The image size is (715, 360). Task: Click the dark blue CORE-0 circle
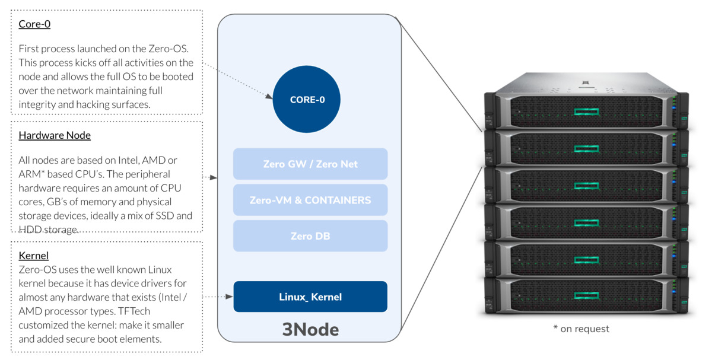pyautogui.click(x=307, y=100)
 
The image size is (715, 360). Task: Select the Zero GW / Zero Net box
pyautogui.click(x=310, y=164)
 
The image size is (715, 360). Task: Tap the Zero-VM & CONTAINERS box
pyautogui.click(x=310, y=200)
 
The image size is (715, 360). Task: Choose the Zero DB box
pyautogui.click(x=310, y=236)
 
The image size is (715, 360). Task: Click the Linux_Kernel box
pyautogui.click(x=310, y=297)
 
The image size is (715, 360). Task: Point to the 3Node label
pyautogui.click(x=310, y=329)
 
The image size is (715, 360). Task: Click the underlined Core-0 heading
pyautogui.click(x=34, y=24)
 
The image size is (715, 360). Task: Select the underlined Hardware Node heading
pyautogui.click(x=55, y=135)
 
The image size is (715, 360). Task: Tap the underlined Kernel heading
pyautogui.click(x=34, y=256)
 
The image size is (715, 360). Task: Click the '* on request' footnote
pyautogui.click(x=581, y=329)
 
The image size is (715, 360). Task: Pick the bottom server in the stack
pyautogui.click(x=586, y=295)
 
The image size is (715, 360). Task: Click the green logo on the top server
pyautogui.click(x=586, y=111)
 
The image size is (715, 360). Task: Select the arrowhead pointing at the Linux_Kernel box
pyautogui.click(x=230, y=296)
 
